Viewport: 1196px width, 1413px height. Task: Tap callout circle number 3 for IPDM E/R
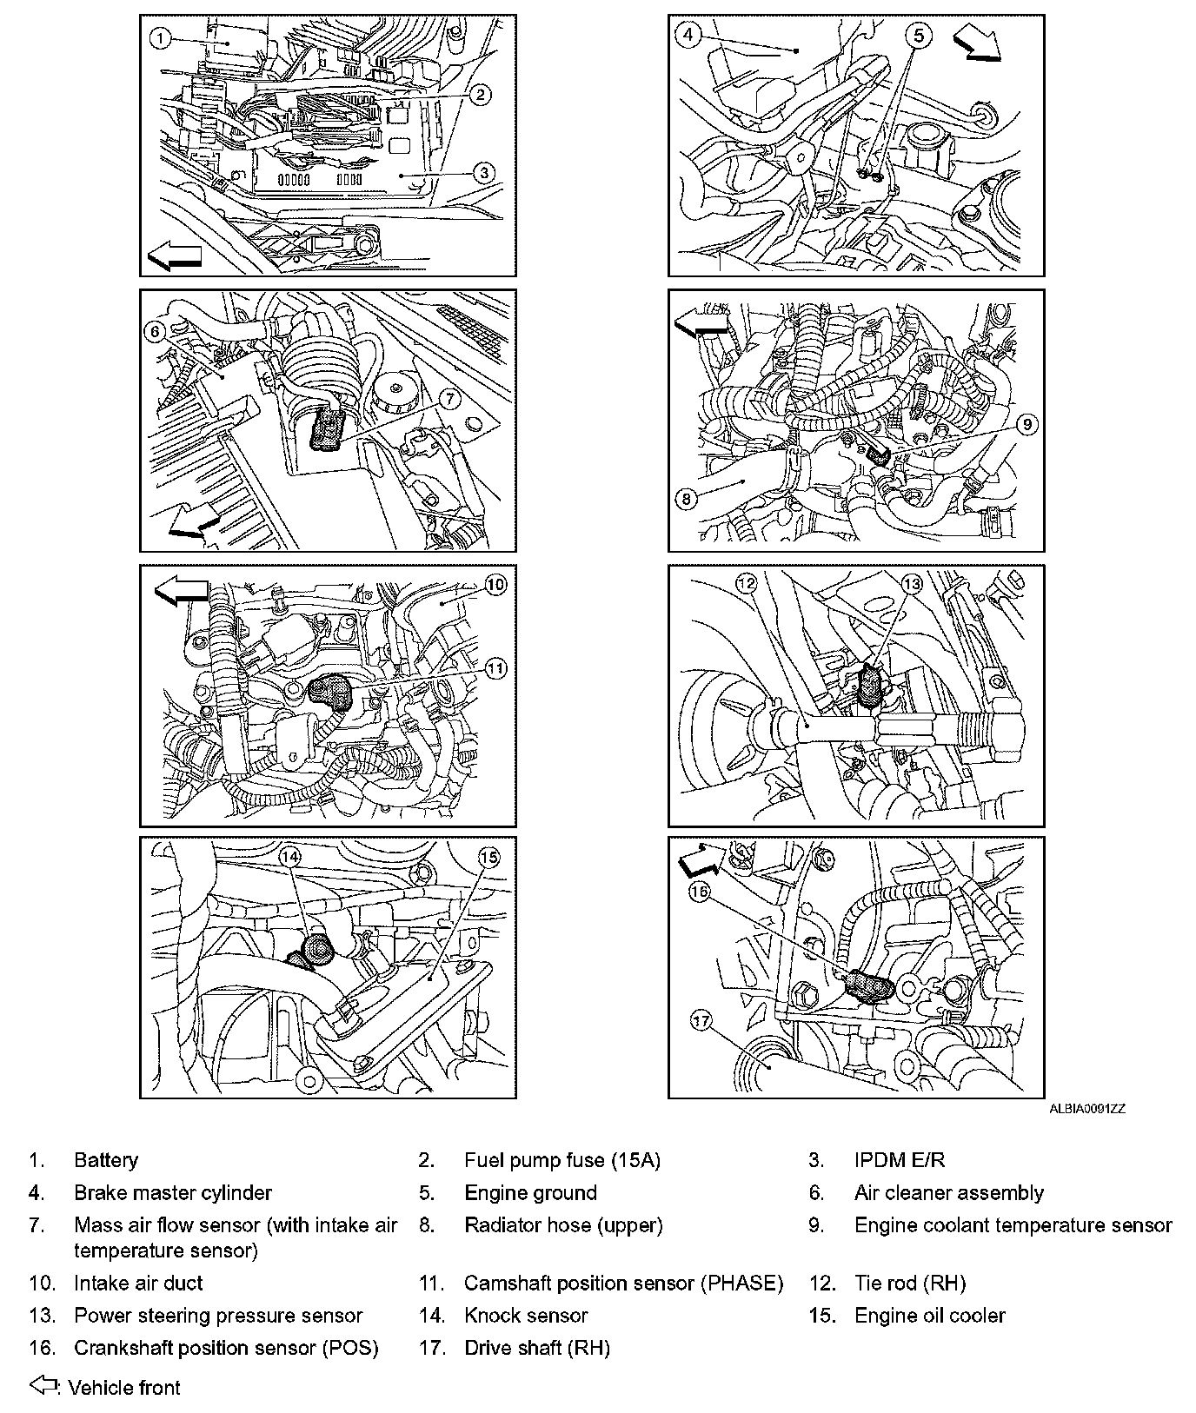[485, 172]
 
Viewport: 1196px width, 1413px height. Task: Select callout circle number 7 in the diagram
[448, 398]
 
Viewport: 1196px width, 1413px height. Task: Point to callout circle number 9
[1027, 424]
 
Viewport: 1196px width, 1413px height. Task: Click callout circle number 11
[495, 668]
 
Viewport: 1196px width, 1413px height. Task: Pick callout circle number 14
[290, 856]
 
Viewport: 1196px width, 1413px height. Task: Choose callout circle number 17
[701, 1022]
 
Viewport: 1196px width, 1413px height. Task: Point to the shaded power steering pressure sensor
[870, 683]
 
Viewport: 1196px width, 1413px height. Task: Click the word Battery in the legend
[106, 1160]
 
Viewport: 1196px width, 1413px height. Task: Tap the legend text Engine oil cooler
[929, 1316]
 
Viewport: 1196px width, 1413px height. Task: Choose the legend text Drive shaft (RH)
[536, 1348]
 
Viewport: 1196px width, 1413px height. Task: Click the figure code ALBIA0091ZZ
[1086, 1109]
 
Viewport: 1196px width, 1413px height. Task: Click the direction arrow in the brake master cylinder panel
[977, 46]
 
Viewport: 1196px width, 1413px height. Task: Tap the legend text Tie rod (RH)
[910, 1284]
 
